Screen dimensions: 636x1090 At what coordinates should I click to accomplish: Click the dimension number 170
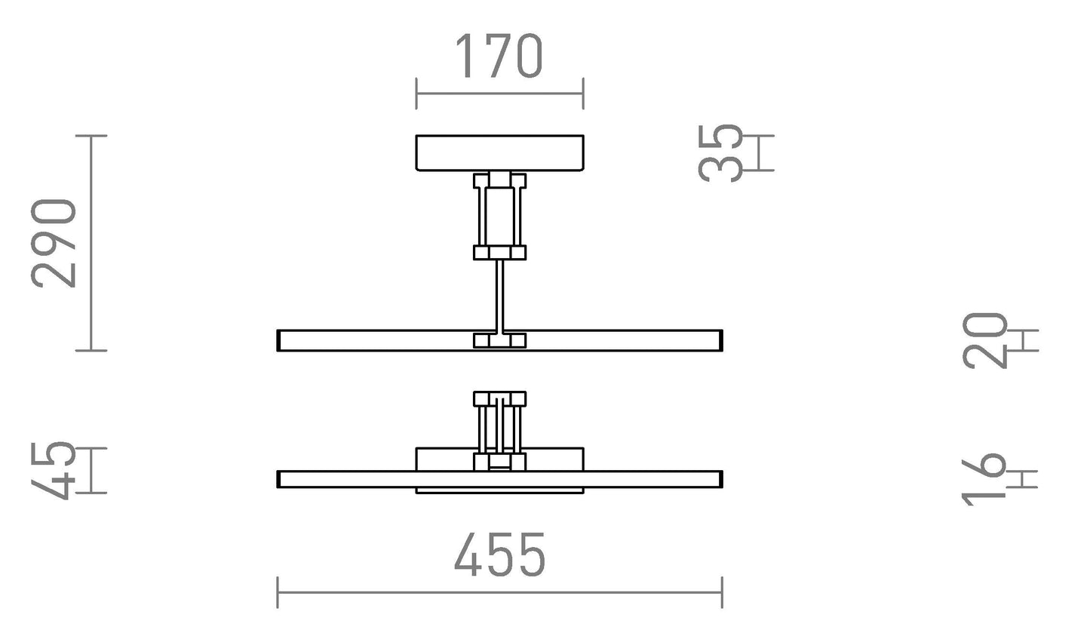pos(499,57)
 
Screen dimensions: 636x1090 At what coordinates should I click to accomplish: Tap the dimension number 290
pos(54,244)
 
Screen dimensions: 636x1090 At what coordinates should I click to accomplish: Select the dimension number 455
pos(499,555)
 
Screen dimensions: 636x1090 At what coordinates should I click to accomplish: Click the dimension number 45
pos(54,471)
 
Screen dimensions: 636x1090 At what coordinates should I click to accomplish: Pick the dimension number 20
pos(986,340)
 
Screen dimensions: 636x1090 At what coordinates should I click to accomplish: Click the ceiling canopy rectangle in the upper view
pos(499,152)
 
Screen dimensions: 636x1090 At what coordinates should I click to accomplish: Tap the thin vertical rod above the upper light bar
pos(499,294)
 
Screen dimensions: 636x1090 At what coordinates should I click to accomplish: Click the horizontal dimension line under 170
pos(499,94)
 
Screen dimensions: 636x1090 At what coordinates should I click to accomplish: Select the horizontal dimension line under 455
pos(499,592)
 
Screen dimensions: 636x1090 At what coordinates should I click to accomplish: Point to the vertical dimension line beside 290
pos(91,243)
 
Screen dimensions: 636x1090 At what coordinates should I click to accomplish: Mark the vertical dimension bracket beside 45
pos(91,471)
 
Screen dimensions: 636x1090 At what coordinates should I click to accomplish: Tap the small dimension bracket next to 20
pos(1024,340)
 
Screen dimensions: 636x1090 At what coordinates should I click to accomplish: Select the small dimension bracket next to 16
pos(1024,478)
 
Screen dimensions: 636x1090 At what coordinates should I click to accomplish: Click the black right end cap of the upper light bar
pos(721,340)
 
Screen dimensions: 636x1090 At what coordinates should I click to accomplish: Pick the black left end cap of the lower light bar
pos(278,479)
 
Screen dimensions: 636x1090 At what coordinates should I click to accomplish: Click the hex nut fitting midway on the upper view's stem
pos(499,253)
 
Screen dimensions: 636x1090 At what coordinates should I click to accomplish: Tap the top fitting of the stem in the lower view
pos(499,399)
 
